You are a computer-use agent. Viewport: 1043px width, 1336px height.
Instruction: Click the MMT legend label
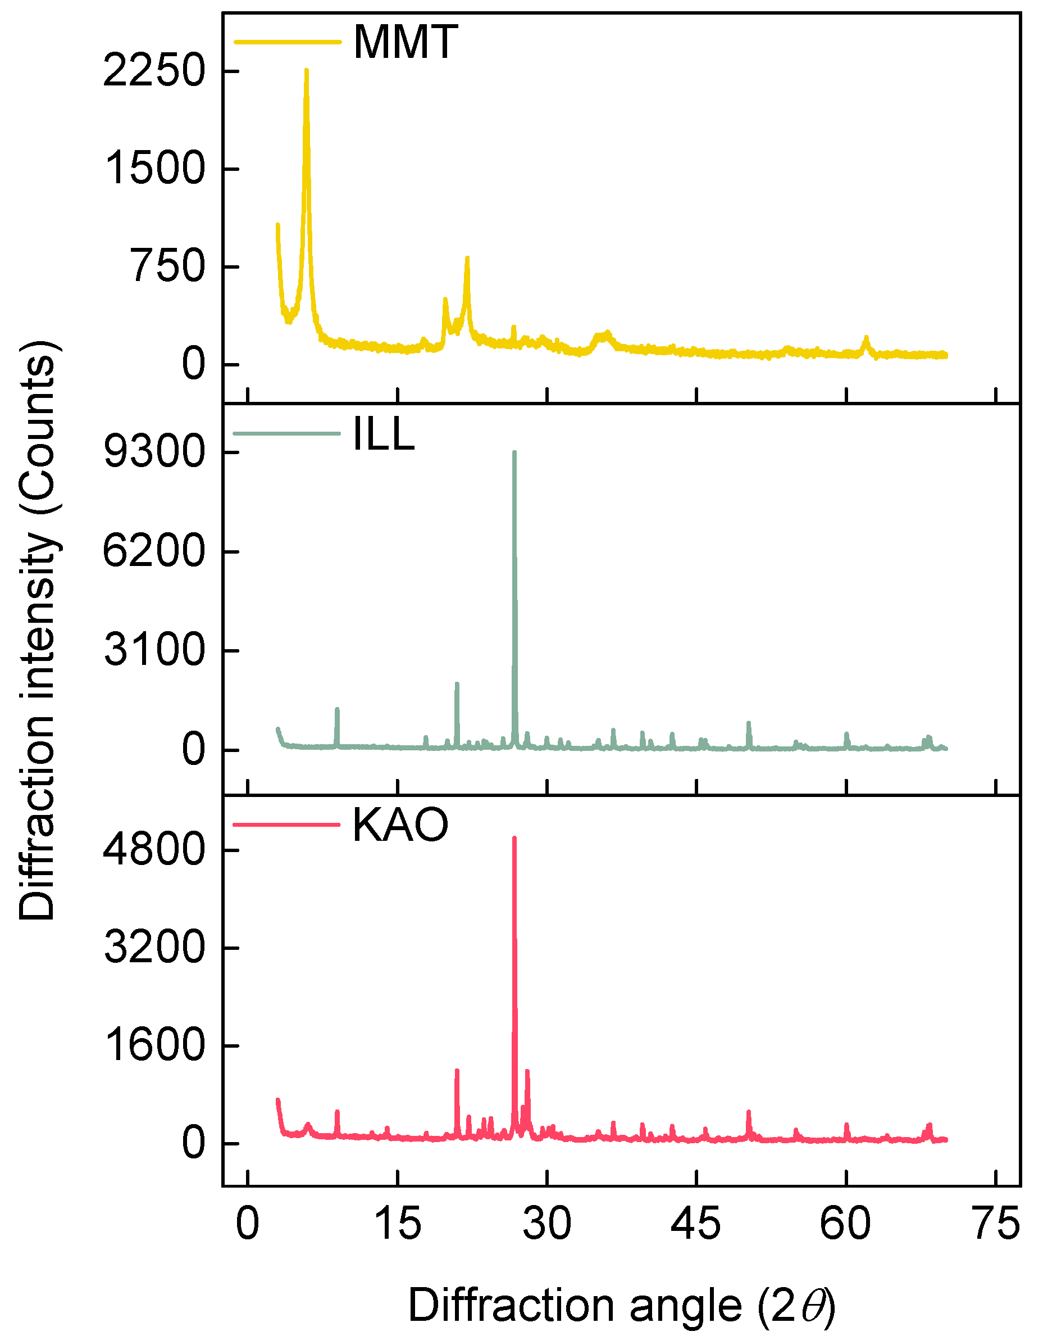[x=406, y=42]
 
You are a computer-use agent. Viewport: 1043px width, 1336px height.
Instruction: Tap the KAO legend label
[x=400, y=825]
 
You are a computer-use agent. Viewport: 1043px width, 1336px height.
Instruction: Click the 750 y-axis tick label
[x=167, y=267]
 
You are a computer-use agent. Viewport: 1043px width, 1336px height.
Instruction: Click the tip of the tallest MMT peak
[x=306, y=70]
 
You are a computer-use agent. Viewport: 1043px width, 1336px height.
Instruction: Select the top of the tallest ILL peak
[x=514, y=452]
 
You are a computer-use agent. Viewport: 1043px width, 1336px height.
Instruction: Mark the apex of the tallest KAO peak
[x=514, y=838]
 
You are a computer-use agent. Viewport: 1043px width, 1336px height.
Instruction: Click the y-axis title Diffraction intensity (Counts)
[x=38, y=630]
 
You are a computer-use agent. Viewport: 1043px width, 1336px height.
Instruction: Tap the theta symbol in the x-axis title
[x=817, y=1306]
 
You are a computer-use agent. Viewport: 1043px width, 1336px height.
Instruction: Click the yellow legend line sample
[x=288, y=42]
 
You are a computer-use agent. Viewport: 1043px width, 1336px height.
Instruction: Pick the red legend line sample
[x=286, y=825]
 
